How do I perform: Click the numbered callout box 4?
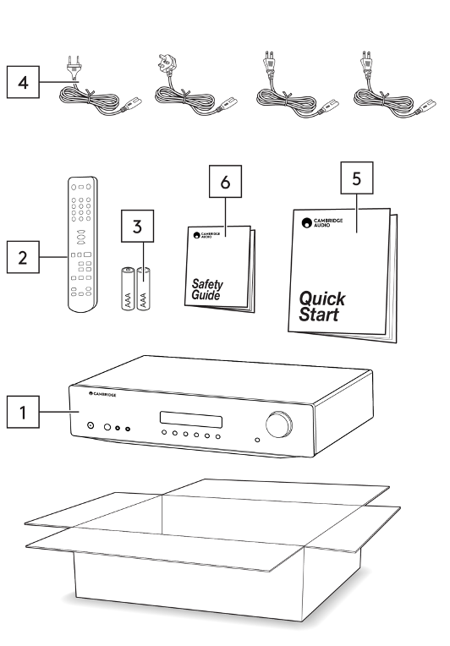pyautogui.click(x=23, y=82)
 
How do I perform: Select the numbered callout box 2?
pyautogui.click(x=23, y=257)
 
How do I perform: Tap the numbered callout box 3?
pyautogui.click(x=137, y=226)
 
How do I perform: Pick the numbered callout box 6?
pyautogui.click(x=225, y=182)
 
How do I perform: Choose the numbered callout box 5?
pyautogui.click(x=356, y=178)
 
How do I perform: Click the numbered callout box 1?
pyautogui.click(x=23, y=412)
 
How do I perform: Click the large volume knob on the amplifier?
pyautogui.click(x=279, y=424)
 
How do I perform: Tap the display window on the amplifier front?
pyautogui.click(x=191, y=419)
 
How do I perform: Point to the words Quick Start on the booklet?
pyautogui.click(x=321, y=307)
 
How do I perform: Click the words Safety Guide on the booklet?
pyautogui.click(x=207, y=289)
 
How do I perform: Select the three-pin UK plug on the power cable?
pyautogui.click(x=167, y=65)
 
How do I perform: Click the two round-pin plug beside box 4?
pyautogui.click(x=74, y=67)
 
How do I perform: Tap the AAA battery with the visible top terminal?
pyautogui.click(x=128, y=288)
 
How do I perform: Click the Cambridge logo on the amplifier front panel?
pyautogui.click(x=102, y=394)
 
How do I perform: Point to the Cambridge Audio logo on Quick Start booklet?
pyautogui.click(x=321, y=223)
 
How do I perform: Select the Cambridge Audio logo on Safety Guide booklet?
pyautogui.click(x=206, y=235)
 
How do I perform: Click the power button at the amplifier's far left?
pyautogui.click(x=91, y=425)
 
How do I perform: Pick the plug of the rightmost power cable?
pyautogui.click(x=366, y=63)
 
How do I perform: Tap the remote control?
pyautogui.click(x=82, y=244)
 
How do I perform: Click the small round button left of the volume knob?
pyautogui.click(x=257, y=440)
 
